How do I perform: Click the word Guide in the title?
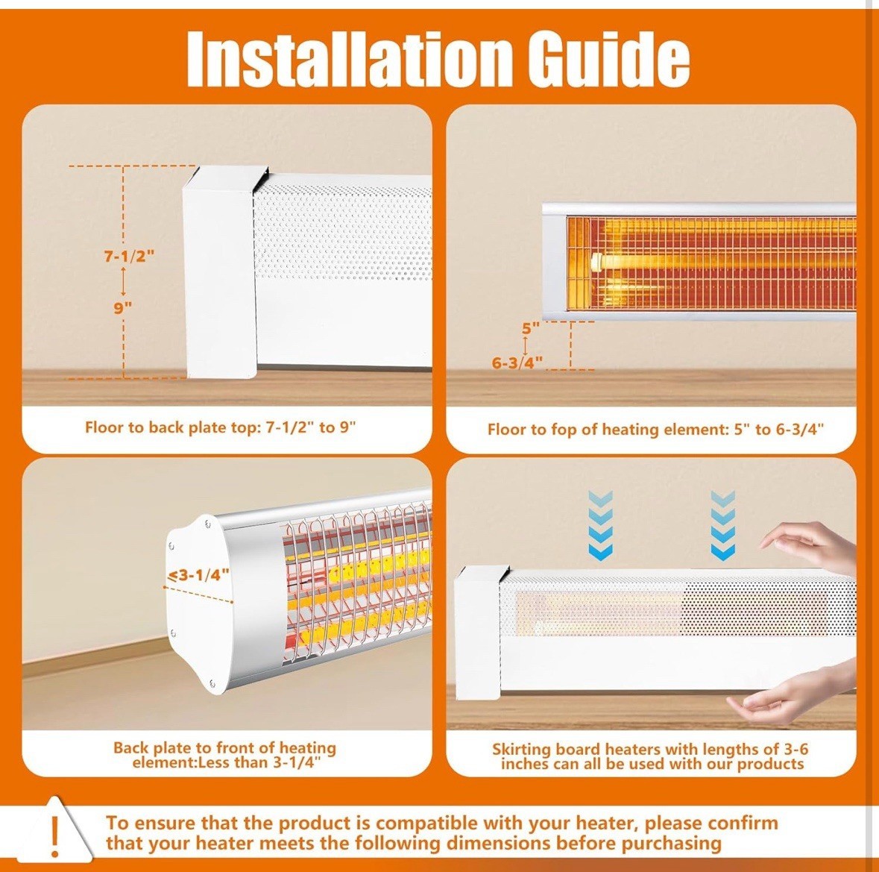(x=609, y=58)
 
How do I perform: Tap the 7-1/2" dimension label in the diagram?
(x=129, y=256)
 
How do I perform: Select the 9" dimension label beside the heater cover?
(x=123, y=307)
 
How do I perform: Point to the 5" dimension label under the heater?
(x=530, y=328)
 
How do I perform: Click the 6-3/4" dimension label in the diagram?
(x=517, y=363)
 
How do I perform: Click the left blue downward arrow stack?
(x=600, y=524)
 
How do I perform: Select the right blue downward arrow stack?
(x=722, y=524)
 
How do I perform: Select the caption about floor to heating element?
(x=655, y=430)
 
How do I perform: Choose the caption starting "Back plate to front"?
(x=225, y=755)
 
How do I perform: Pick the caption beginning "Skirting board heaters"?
(x=651, y=756)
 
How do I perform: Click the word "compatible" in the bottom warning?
(x=426, y=824)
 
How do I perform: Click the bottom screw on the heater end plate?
(x=212, y=683)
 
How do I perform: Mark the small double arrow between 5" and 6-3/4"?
(x=526, y=346)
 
